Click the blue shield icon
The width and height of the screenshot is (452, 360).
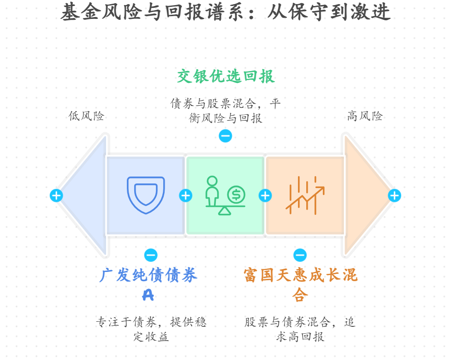[x=146, y=195]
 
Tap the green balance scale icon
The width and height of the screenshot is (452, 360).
[x=225, y=195]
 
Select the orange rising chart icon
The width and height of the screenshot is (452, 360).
[x=305, y=195]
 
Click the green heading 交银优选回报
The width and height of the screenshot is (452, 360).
[x=226, y=77]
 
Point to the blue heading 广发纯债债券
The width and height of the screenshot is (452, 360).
[x=148, y=276]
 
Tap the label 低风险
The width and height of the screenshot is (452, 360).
[x=86, y=116]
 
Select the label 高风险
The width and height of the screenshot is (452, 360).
[x=365, y=116]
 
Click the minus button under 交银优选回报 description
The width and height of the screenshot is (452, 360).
[x=225, y=136]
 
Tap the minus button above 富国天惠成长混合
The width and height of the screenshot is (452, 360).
[x=300, y=255]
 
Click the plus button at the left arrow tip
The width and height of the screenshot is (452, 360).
[x=56, y=195]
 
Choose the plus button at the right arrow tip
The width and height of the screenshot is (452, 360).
[x=394, y=195]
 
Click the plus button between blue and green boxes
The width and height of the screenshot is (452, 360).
[x=185, y=195]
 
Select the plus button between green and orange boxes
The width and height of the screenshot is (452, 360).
[x=265, y=195]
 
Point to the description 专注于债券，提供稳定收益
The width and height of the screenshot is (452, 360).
[x=151, y=329]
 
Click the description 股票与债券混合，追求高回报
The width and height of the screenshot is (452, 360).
[x=300, y=329]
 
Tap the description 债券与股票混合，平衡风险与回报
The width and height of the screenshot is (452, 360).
[x=226, y=111]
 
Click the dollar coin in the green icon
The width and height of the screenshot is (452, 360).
[x=236, y=195]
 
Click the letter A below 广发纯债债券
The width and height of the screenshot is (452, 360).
[x=148, y=295]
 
